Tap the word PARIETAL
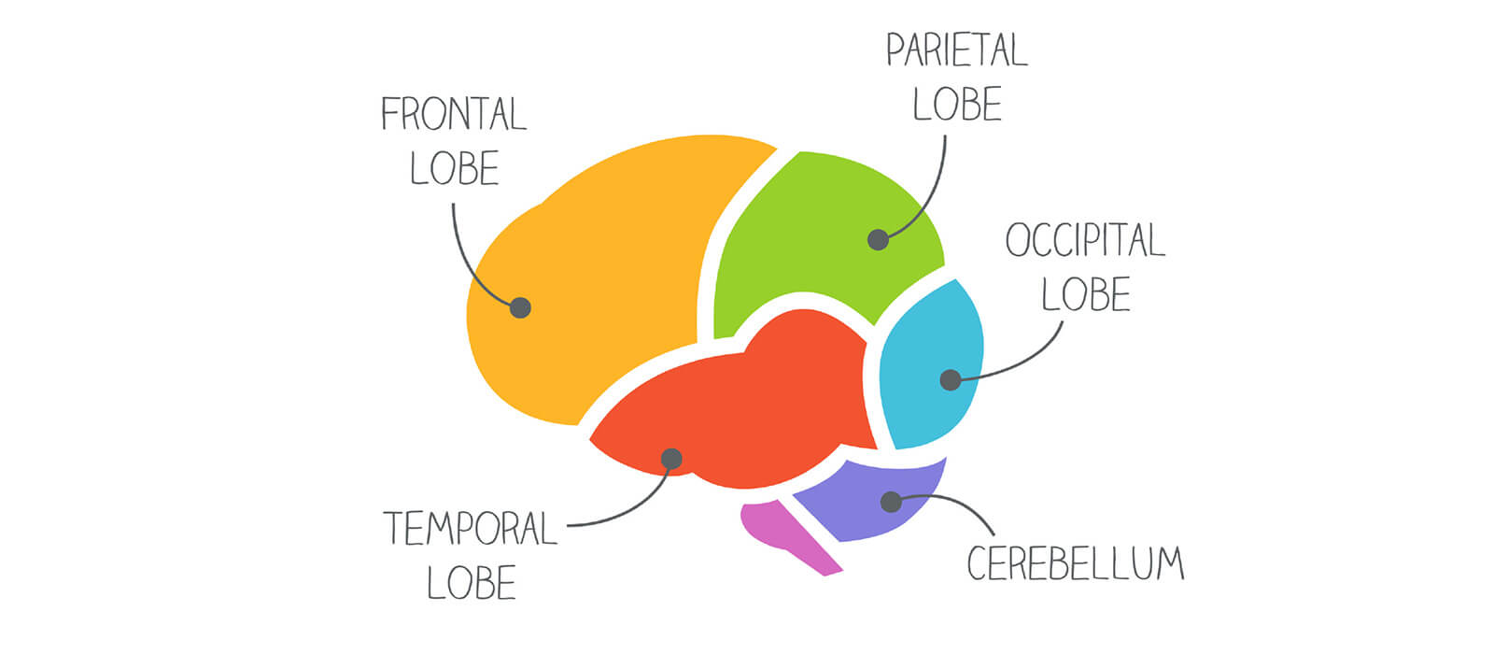tap(957, 50)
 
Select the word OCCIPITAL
tap(1085, 239)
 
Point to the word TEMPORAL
tap(471, 529)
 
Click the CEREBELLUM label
tap(1076, 563)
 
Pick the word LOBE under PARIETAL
tap(957, 104)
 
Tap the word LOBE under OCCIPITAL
tap(1086, 294)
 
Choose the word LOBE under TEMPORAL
tap(471, 583)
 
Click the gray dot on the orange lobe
tap(520, 307)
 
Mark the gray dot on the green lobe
tap(878, 239)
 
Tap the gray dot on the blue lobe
tap(951, 379)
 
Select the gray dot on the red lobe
tap(671, 459)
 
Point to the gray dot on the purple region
tap(891, 502)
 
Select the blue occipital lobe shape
tap(930, 363)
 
